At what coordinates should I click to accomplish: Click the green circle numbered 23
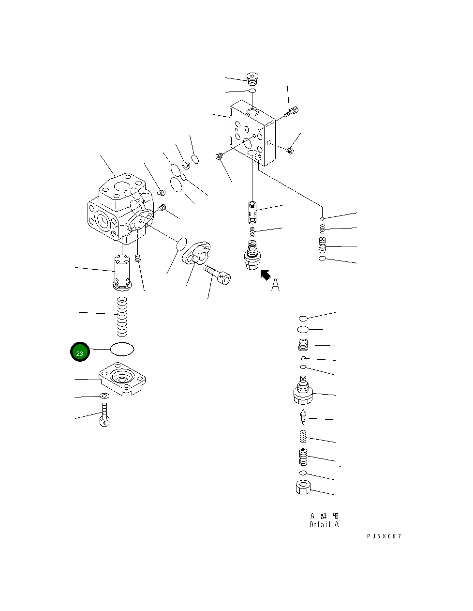(80, 351)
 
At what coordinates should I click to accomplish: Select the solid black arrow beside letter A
(265, 275)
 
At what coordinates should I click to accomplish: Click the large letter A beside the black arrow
(275, 285)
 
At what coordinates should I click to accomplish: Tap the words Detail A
(325, 524)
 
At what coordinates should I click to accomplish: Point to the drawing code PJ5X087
(384, 536)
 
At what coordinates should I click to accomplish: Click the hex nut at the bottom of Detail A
(303, 487)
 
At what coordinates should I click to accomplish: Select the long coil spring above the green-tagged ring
(122, 317)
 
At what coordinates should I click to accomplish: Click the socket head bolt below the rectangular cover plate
(104, 414)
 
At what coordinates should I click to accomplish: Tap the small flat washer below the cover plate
(105, 396)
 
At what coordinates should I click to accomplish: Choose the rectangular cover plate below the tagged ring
(122, 378)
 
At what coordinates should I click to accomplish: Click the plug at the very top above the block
(252, 78)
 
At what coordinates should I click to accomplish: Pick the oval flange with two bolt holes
(196, 253)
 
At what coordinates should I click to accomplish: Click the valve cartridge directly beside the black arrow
(252, 255)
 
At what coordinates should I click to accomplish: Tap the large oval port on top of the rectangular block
(252, 113)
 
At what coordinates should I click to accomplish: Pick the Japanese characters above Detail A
(325, 516)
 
